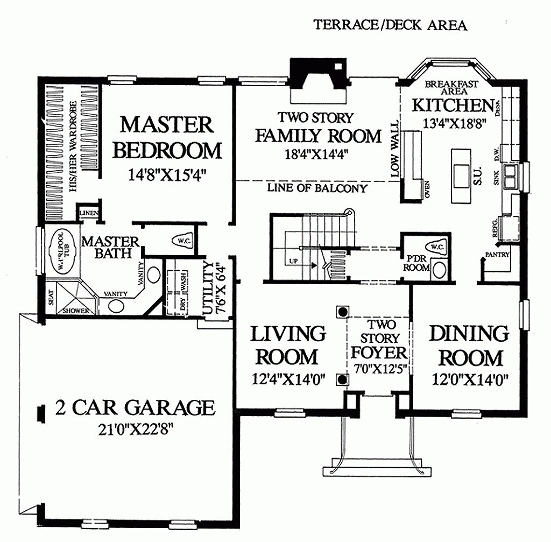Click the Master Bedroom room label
[167, 137]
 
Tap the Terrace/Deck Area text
[390, 25]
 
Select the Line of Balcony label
[317, 188]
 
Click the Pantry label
[497, 255]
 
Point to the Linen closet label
[88, 213]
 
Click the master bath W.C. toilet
[181, 241]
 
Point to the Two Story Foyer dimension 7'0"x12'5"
[379, 370]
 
